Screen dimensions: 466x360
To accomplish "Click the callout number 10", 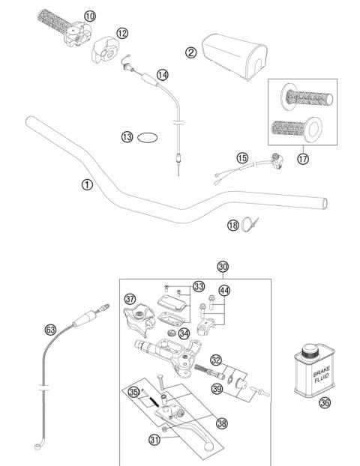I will point(90,15).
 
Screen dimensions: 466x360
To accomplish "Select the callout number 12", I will point(122,33).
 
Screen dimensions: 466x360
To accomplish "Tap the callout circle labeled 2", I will point(191,52).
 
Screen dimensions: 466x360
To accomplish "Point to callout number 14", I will point(163,75).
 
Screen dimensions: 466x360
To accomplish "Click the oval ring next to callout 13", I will point(150,137).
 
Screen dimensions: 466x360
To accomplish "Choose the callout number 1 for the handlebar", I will point(88,184).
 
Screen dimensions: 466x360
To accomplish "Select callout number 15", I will point(241,158).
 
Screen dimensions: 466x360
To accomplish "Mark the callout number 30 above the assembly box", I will point(222,267).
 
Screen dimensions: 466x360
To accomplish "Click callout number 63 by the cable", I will point(50,328).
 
